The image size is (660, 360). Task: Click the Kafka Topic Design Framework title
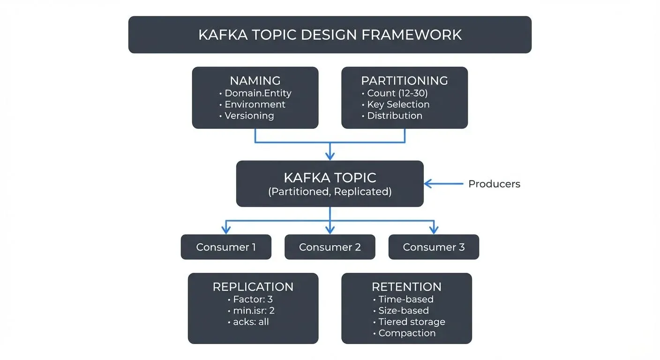(330, 35)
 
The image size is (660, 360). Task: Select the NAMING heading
(255, 81)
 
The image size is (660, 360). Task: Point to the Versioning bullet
(249, 116)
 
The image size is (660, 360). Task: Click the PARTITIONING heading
(405, 81)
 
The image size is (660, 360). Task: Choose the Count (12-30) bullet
(397, 93)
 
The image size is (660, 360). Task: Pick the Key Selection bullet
(398, 105)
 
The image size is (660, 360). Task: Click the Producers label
(494, 184)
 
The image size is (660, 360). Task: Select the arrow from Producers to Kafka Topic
(443, 184)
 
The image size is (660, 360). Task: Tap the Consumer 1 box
(226, 247)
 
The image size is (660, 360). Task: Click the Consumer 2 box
(330, 247)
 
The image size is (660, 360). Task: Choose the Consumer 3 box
(434, 247)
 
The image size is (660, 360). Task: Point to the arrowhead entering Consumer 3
(434, 230)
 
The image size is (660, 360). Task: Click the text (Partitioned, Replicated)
(330, 192)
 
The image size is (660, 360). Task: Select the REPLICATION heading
(253, 287)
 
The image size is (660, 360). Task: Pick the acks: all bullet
(251, 322)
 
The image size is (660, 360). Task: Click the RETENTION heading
(406, 287)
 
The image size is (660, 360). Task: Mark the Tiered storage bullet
(412, 322)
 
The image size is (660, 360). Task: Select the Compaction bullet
(407, 333)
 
